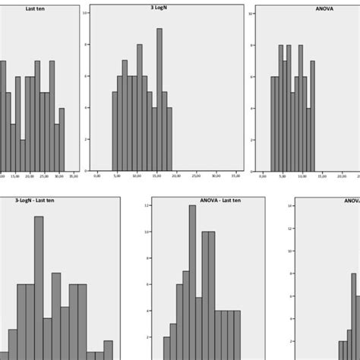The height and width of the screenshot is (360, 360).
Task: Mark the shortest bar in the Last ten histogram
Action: point(23,155)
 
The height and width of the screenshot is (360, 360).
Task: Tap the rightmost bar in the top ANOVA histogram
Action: point(312,115)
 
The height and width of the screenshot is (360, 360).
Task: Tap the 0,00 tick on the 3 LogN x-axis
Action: point(96,176)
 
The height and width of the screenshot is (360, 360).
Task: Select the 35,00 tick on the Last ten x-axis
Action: point(73,176)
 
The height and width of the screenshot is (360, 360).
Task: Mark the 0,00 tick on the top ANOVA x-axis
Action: point(263,176)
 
